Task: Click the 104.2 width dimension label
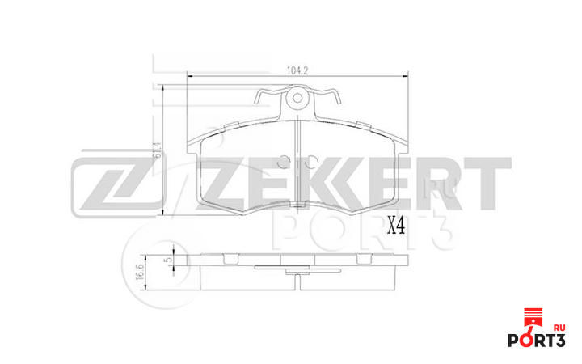[x=297, y=70]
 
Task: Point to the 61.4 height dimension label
[x=154, y=150]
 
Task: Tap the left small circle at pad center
[x=284, y=159]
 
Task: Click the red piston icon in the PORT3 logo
[x=531, y=318]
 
